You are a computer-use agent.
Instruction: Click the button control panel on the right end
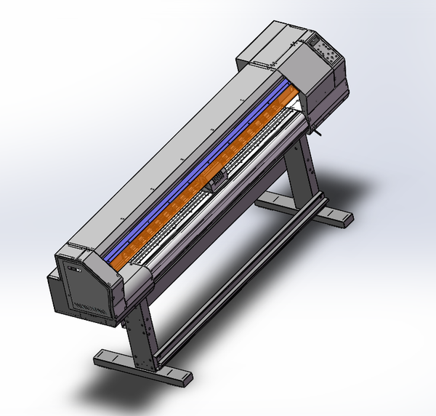point(325,51)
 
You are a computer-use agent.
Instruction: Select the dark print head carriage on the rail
point(217,181)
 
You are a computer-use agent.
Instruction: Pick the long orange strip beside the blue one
point(211,175)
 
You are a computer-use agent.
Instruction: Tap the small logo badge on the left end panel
point(73,271)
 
